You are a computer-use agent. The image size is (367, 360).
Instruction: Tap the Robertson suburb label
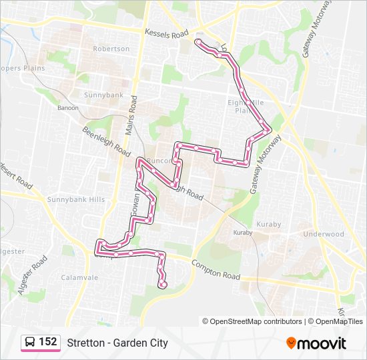click(111, 49)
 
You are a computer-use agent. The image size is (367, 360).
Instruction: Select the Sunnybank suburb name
click(103, 95)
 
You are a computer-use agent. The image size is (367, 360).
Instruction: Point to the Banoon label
click(68, 107)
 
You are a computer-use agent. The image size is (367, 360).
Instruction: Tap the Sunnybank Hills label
click(76, 199)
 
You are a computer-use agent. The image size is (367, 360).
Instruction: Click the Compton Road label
click(216, 271)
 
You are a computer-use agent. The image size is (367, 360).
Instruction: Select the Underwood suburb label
click(323, 234)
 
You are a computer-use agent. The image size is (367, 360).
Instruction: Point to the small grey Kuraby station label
click(242, 233)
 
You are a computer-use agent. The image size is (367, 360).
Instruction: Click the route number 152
click(47, 342)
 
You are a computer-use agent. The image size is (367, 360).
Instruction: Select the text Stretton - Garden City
click(117, 343)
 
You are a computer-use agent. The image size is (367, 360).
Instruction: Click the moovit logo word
click(322, 343)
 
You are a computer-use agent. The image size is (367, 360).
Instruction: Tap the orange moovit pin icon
click(291, 343)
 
